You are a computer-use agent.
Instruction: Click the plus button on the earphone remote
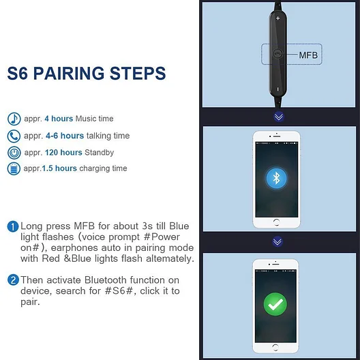pos(277,18)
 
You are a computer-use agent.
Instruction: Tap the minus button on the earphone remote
pos(277,89)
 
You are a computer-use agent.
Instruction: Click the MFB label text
pos(308,55)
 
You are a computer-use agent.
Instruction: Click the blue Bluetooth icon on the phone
pos(276,179)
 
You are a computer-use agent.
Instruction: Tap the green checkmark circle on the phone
pos(275,304)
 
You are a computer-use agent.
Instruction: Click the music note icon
pos(14,119)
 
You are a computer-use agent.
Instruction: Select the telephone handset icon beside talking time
pos(14,136)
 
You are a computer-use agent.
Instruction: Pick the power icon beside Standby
pos(14,153)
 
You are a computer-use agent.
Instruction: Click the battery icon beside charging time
pos(14,168)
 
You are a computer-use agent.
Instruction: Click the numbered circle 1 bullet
pos(13,226)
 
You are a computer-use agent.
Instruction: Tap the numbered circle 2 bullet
pos(13,280)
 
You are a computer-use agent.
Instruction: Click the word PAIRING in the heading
pos(69,73)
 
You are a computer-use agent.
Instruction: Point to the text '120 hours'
pos(63,153)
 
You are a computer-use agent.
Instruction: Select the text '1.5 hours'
pos(59,168)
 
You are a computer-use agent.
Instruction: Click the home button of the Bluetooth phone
pos(276,222)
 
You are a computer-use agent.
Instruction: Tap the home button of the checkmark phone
pos(275,347)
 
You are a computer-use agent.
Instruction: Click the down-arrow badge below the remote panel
pos(279,117)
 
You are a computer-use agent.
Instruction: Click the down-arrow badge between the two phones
pos(277,241)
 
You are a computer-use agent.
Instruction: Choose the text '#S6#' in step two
pos(119,291)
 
